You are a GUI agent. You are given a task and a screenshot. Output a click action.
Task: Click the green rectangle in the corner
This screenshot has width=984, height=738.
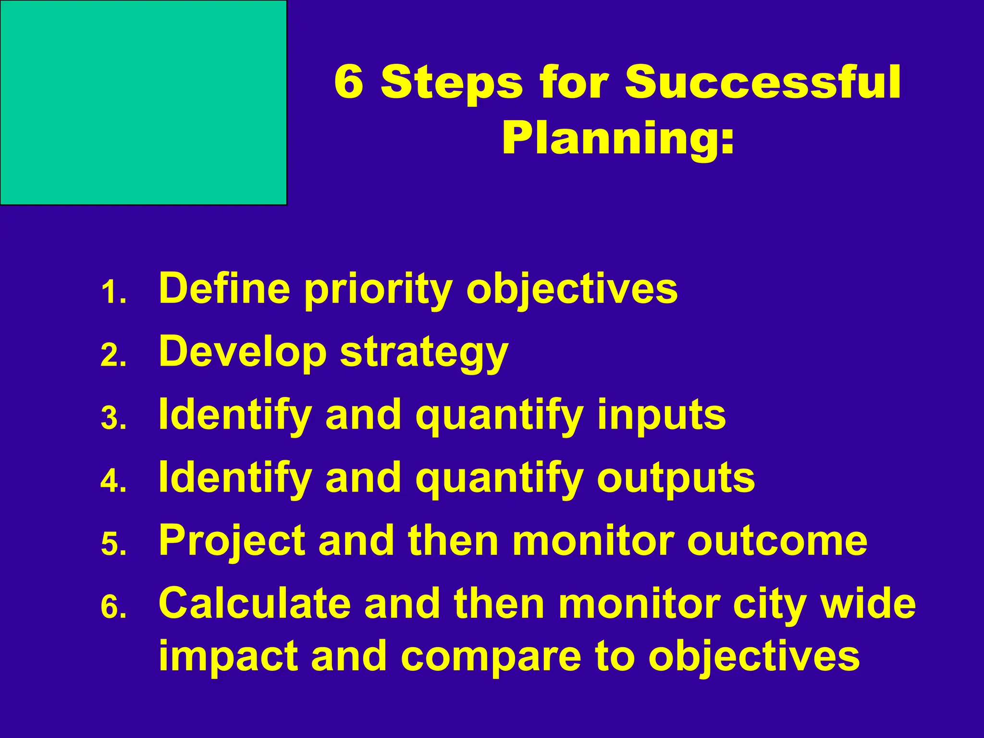click(x=143, y=102)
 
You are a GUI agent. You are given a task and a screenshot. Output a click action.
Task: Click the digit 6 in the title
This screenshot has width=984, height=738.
click(x=349, y=82)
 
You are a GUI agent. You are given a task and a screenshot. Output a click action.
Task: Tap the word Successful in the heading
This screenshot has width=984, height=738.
click(x=763, y=82)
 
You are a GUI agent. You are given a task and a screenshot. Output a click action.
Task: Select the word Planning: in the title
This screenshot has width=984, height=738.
click(x=618, y=139)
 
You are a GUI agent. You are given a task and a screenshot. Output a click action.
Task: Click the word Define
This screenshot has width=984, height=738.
click(x=224, y=288)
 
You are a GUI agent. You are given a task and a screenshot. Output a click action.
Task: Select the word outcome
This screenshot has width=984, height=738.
click(x=777, y=541)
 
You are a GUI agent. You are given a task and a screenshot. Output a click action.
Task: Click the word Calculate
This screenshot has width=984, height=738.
click(x=255, y=603)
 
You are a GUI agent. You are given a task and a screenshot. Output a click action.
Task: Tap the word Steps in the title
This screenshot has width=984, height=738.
click(x=451, y=83)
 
